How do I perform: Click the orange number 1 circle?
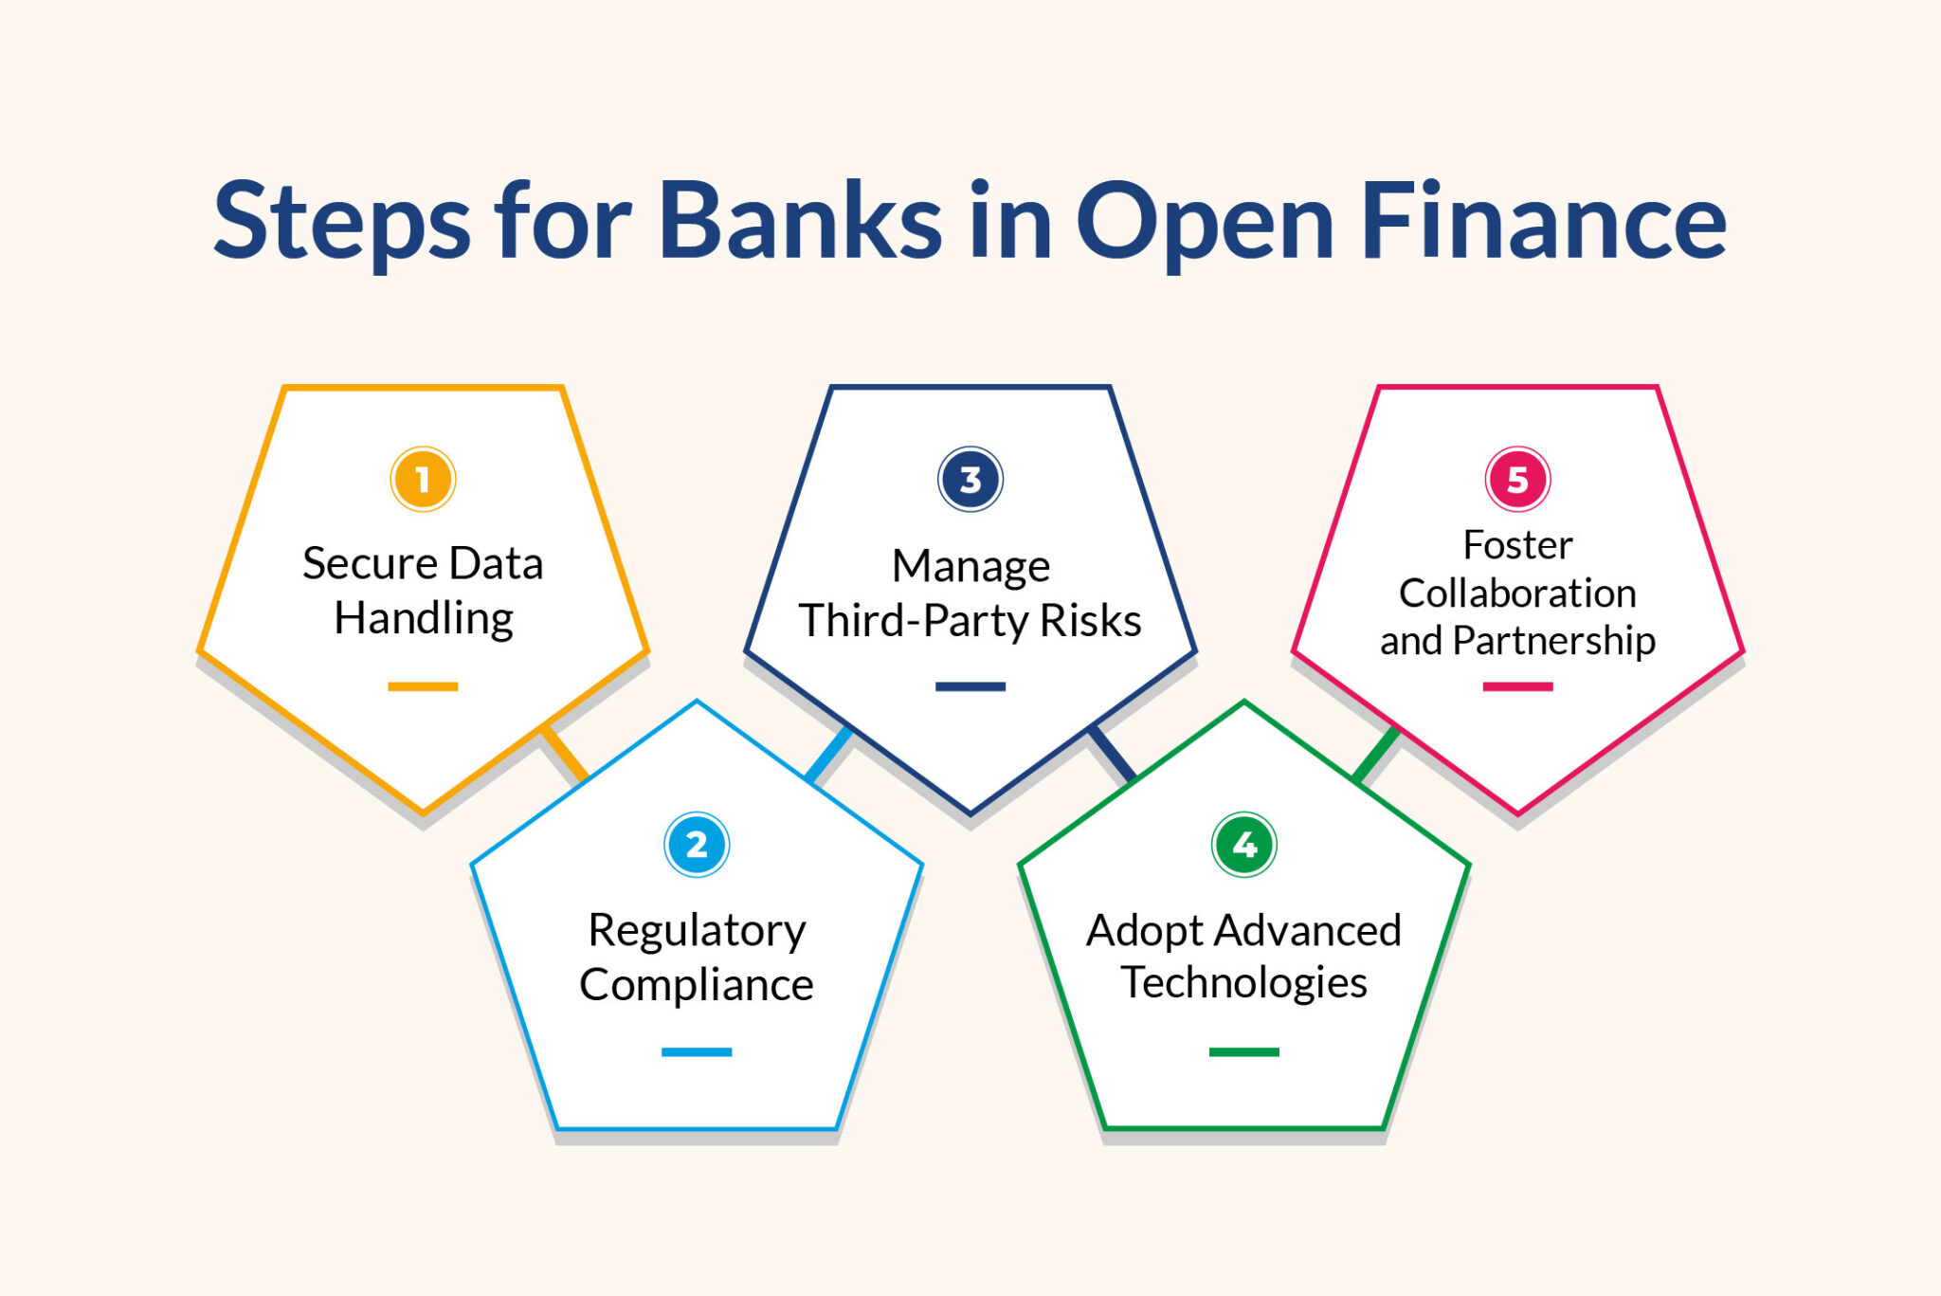[423, 479]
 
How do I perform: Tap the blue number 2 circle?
[697, 844]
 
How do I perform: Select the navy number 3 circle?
[970, 479]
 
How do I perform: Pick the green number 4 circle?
[1243, 844]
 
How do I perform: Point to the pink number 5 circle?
[1517, 479]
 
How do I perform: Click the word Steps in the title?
[342, 224]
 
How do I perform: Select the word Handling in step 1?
[424, 619]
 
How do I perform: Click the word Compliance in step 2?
[697, 985]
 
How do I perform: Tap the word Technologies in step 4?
[1243, 983]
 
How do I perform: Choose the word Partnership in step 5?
[1553, 642]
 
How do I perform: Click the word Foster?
[1517, 545]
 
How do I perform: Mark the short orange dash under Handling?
[423, 686]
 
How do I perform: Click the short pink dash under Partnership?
[1517, 686]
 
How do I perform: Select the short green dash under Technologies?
[1243, 1051]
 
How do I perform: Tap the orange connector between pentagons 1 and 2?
[564, 754]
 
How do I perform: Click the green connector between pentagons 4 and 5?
[1376, 754]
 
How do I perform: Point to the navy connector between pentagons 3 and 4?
[1112, 754]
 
